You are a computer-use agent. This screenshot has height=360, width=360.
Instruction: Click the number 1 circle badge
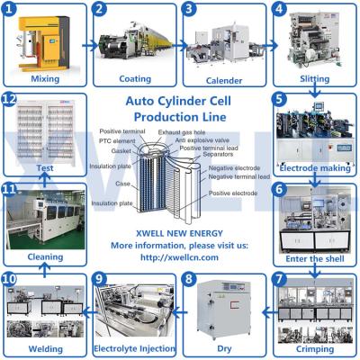13,10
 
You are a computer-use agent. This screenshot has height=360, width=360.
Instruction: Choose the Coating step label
133,78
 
